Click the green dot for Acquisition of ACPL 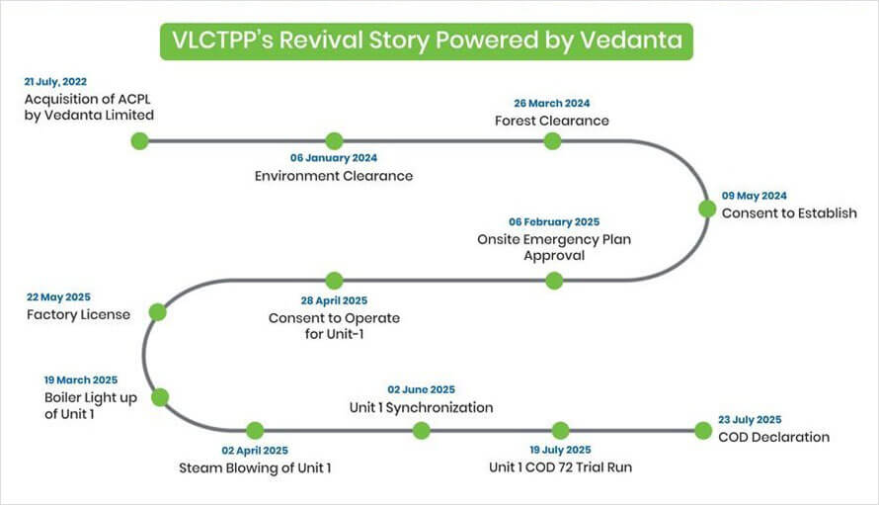click(139, 141)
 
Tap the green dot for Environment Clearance click(334, 141)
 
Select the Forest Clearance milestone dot click(552, 141)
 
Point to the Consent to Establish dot click(707, 209)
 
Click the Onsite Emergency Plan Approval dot click(554, 281)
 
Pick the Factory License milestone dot click(157, 312)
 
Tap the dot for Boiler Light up click(160, 397)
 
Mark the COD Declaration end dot click(703, 430)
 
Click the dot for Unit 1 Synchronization click(421, 430)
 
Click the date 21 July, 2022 click(55, 82)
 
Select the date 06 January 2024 click(334, 158)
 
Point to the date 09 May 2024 click(754, 196)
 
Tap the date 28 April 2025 click(334, 300)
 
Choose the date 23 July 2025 click(750, 420)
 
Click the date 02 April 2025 click(255, 450)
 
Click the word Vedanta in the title click(631, 40)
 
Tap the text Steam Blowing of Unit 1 click(255, 467)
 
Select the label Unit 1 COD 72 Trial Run click(560, 466)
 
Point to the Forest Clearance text click(552, 121)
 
